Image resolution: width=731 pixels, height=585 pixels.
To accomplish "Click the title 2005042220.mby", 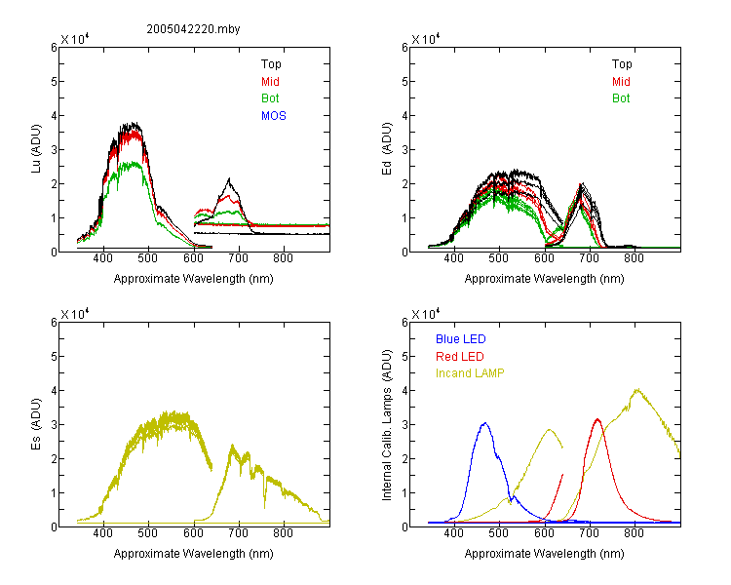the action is coord(193,29).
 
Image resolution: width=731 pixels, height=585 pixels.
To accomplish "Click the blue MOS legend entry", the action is coord(274,116).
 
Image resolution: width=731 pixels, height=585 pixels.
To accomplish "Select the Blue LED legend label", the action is coord(461,339).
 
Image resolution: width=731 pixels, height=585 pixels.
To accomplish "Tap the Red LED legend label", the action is coord(460,357).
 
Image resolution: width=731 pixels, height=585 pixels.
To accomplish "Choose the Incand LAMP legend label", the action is coord(470,373).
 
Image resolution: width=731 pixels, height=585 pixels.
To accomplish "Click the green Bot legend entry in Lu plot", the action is coord(270,98).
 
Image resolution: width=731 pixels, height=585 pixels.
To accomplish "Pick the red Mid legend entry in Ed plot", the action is coord(621,82).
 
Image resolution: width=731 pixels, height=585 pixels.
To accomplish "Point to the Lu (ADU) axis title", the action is coord(36,149).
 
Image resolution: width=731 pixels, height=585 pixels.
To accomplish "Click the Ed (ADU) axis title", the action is coord(387,149).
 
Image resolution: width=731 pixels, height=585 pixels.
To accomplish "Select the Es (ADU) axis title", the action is coord(36,424).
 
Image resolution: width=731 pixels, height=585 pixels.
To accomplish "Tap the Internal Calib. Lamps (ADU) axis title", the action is coord(387,425).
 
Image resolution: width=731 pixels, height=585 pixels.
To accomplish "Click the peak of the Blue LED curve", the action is coord(484,423).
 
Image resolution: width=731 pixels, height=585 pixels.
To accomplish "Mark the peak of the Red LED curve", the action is coord(597,419).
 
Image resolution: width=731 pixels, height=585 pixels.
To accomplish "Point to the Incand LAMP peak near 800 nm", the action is coord(636,389).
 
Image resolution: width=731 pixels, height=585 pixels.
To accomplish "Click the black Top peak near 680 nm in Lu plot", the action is coord(229,178).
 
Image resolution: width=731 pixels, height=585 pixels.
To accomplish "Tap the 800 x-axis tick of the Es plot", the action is coord(283,532).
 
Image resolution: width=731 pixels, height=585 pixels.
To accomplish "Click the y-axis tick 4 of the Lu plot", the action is coord(54,115).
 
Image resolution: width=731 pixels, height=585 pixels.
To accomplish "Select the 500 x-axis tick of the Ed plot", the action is coord(499,258).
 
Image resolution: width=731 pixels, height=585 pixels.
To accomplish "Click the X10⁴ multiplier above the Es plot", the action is coord(75,314).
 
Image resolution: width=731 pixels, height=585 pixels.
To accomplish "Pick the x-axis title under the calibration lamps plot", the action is coord(544,554).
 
